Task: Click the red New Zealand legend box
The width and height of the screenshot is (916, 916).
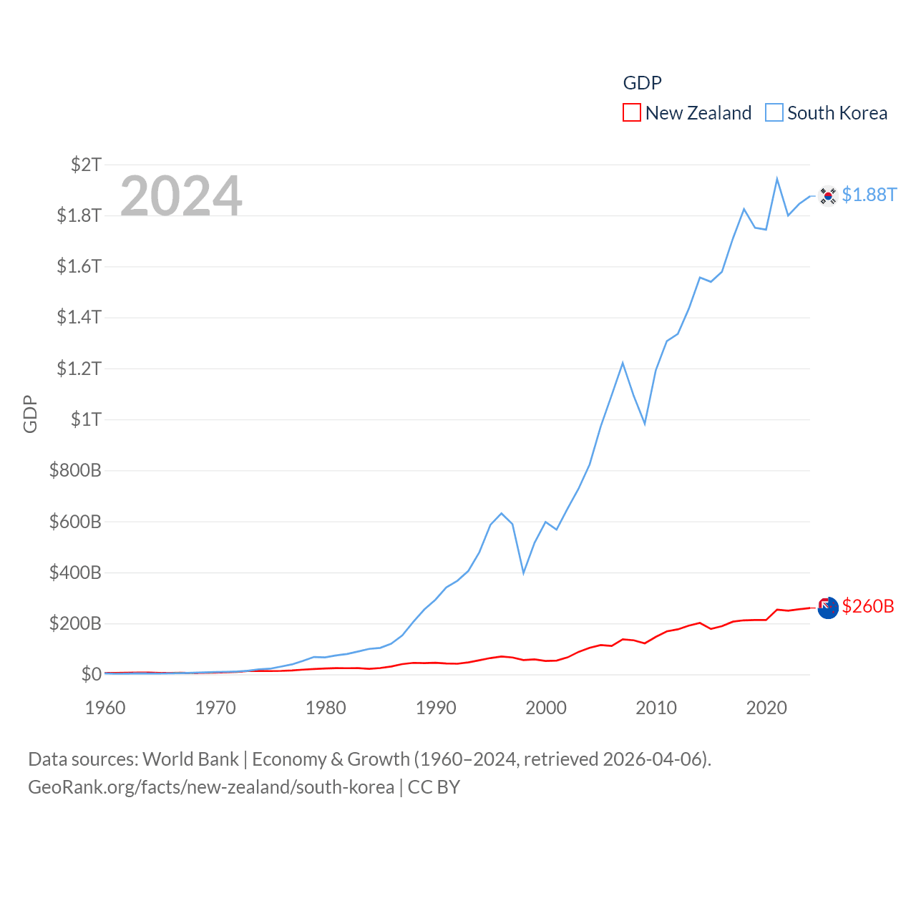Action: pos(632,113)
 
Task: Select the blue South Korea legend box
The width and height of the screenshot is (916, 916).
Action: pos(774,113)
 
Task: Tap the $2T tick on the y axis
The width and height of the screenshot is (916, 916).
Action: pos(86,165)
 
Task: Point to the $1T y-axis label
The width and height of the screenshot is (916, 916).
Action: pos(86,419)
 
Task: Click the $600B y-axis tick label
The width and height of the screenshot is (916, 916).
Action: pos(75,522)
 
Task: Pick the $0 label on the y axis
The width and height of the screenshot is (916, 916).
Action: pos(91,674)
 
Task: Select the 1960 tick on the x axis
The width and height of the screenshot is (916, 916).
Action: pos(105,708)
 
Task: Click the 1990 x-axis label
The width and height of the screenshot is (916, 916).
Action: pos(436,708)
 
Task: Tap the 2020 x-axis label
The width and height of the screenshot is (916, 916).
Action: pos(766,708)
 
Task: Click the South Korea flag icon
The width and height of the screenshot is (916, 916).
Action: pos(828,195)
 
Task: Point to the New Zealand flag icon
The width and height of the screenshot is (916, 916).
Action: pos(828,608)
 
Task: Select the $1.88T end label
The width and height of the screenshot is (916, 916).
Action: pos(869,195)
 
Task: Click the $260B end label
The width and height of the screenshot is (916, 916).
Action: pos(868,606)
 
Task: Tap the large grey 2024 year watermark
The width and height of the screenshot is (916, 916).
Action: pos(181,196)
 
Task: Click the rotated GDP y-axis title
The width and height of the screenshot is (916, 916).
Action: pos(30,414)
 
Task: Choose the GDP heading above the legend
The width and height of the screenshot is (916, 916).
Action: pos(642,83)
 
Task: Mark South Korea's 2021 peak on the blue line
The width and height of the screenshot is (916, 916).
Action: pos(777,179)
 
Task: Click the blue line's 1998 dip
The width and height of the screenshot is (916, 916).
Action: pos(524,572)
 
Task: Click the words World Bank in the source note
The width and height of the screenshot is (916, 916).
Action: pos(191,759)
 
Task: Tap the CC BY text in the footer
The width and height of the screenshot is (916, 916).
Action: pos(434,787)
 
